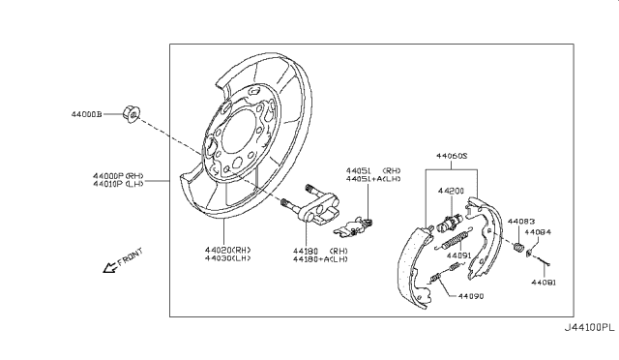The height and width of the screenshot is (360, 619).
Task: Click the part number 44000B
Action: (86, 114)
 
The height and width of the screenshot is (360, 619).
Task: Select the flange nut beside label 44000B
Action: (132, 114)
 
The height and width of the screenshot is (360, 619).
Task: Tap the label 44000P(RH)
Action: (118, 176)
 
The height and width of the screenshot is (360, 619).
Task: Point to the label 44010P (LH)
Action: (118, 184)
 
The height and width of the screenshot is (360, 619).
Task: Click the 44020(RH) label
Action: (228, 250)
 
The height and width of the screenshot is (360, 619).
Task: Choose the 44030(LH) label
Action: (228, 258)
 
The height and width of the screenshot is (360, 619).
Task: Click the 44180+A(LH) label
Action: (320, 259)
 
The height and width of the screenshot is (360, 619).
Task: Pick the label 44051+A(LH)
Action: (373, 179)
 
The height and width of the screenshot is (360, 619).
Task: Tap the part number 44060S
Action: (452, 156)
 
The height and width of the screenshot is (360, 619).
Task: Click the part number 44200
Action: (451, 191)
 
